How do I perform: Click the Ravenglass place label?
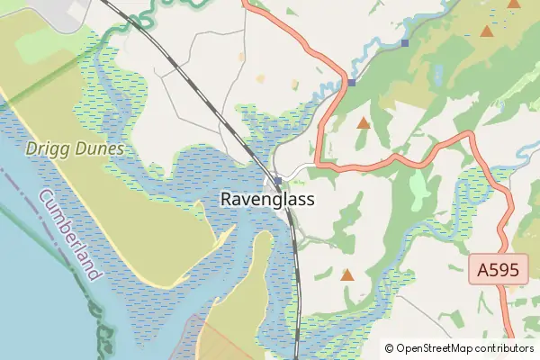(x=267, y=200)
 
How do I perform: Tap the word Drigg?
(x=44, y=148)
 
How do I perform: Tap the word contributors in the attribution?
(x=505, y=348)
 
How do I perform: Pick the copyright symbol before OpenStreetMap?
(x=389, y=348)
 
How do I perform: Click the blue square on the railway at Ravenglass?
(x=278, y=181)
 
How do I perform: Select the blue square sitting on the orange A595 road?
(x=352, y=83)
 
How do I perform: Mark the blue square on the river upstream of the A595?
(x=406, y=42)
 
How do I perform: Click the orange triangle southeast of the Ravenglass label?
(x=347, y=274)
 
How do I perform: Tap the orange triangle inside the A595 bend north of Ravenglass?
(x=363, y=122)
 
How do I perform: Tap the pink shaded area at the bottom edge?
(x=225, y=346)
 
